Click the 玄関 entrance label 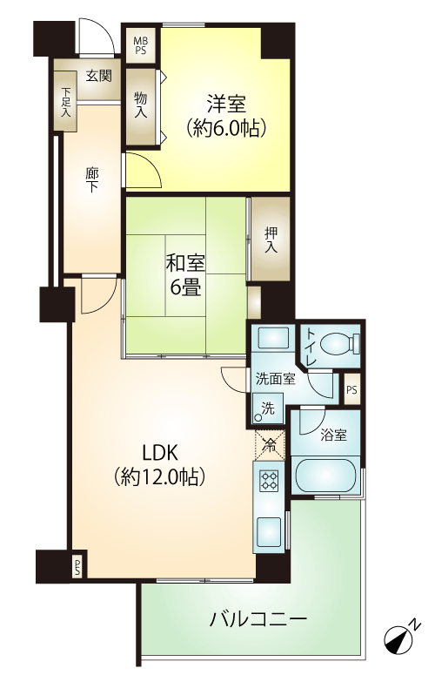coord(99,76)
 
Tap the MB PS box coord(140,45)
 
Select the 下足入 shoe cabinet coord(66,102)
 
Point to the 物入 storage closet coord(141,105)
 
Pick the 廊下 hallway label coord(91,180)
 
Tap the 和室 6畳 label coord(185,275)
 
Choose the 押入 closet coord(271,240)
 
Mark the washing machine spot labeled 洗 coord(268,409)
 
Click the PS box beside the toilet coord(351,390)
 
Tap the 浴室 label coord(333,435)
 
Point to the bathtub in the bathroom coord(325,476)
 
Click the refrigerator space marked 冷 coord(270,445)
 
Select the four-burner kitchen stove coord(269,480)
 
